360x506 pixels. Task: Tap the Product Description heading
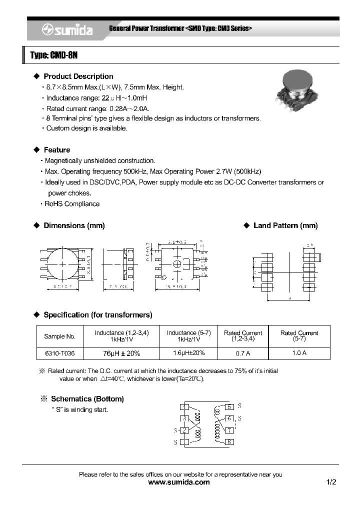coord(78,76)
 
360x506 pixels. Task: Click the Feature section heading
coord(56,150)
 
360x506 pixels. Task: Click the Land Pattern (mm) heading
coord(285,225)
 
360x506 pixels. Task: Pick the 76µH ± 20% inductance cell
coord(121,353)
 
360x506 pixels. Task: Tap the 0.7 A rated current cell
coord(242,353)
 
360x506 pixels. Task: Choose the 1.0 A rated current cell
coord(299,353)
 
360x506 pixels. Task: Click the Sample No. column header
coord(59,336)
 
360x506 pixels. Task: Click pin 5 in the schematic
coord(229,407)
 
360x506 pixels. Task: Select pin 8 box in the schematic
coord(229,441)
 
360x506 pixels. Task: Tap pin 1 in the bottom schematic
coord(184,441)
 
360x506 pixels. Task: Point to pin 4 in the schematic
coord(184,407)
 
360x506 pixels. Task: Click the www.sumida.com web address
coord(179,482)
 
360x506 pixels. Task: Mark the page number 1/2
coord(331,482)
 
